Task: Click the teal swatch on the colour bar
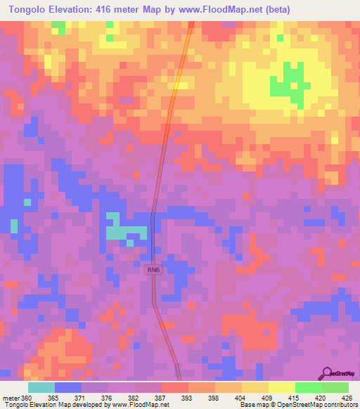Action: point(41,387)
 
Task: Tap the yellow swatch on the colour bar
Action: point(282,387)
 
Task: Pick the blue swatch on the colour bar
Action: point(68,387)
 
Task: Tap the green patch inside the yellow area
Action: point(287,82)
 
